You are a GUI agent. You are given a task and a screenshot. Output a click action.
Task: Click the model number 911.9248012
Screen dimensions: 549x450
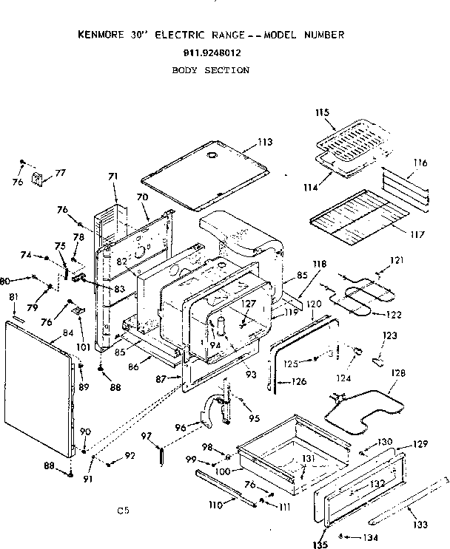coord(211,52)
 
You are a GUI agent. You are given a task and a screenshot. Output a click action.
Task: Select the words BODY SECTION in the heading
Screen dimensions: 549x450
coord(211,70)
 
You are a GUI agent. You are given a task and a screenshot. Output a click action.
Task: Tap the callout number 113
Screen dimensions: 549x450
coord(265,142)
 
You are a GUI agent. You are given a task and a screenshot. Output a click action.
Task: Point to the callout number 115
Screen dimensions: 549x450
coord(321,113)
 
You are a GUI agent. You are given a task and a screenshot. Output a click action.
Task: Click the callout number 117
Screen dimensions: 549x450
coord(417,235)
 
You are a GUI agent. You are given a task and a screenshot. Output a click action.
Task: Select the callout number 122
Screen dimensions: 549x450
coord(393,314)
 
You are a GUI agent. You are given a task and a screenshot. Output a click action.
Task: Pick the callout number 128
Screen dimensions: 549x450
coord(398,373)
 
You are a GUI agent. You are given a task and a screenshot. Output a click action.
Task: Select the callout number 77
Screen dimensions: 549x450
coord(60,172)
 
